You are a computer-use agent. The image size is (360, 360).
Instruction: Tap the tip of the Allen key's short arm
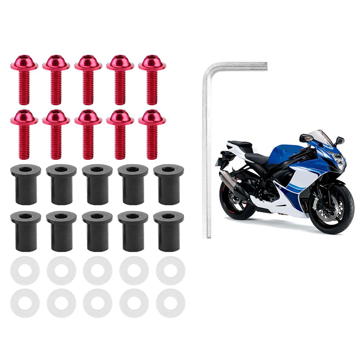pyautogui.click(x=265, y=66)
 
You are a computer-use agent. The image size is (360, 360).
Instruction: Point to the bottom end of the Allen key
pyautogui.click(x=209, y=236)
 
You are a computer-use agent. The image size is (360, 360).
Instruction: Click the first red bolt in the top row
pyautogui.click(x=24, y=79)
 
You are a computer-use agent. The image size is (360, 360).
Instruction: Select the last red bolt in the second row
pyautogui.click(x=152, y=134)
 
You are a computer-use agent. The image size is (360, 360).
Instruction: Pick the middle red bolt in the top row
pyautogui.click(x=88, y=79)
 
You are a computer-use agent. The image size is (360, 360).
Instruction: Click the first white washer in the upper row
pyautogui.click(x=25, y=270)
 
